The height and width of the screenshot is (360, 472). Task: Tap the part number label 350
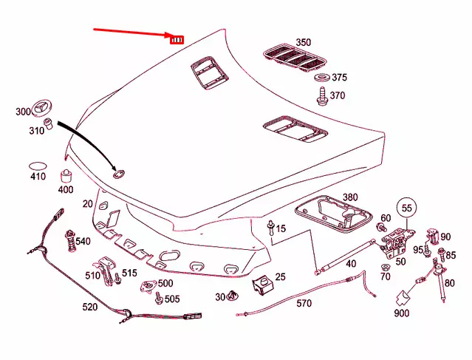pos(303,42)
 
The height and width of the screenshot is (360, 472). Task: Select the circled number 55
pos(406,208)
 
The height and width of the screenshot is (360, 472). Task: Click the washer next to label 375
pos(322,77)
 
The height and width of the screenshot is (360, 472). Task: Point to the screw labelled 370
pos(322,96)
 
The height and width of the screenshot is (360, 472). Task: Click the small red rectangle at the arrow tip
pos(177,39)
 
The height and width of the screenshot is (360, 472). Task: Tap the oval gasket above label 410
pos(38,166)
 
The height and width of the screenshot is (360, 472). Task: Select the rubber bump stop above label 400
pos(66,176)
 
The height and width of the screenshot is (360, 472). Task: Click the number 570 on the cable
pos(304,303)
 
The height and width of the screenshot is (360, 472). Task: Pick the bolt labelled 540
pos(70,241)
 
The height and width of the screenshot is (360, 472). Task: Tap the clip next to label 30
pos(231,296)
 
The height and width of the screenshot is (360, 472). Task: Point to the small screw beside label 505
pos(159,298)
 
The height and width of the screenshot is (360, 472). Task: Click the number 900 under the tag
pos(402,313)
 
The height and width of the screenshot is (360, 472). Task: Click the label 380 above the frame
pos(350,197)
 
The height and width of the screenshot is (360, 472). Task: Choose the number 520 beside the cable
pos(90,307)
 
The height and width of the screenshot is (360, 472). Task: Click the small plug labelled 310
pos(49,123)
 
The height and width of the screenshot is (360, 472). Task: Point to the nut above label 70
pos(385,267)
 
